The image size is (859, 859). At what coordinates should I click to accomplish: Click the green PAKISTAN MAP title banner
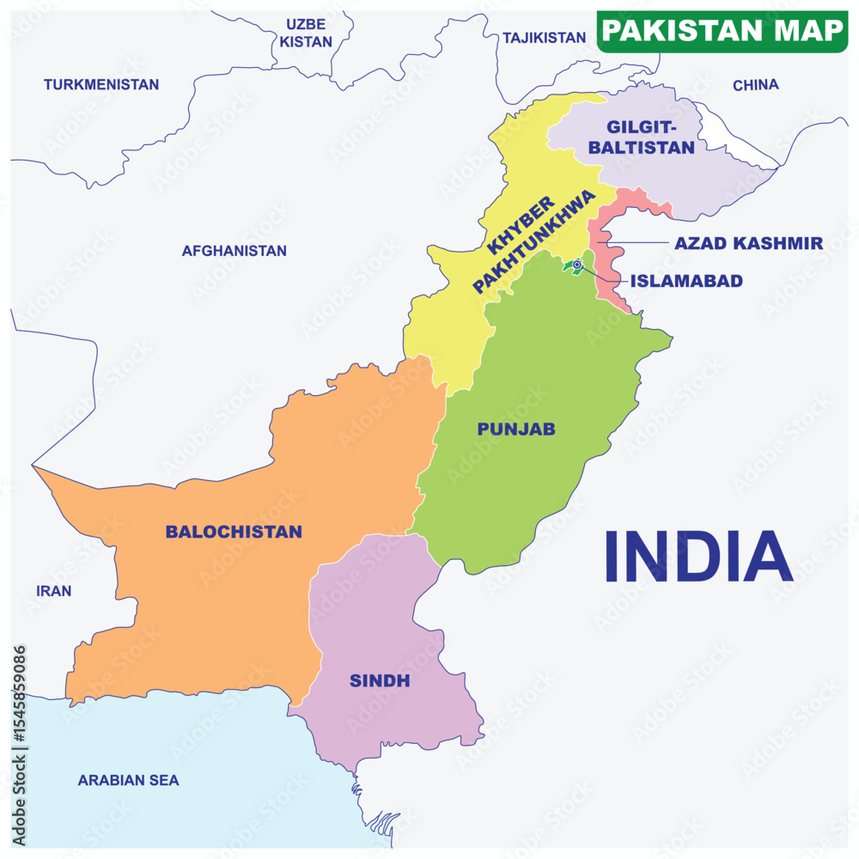(x=722, y=31)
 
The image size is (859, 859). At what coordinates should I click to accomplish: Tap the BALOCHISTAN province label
(x=234, y=532)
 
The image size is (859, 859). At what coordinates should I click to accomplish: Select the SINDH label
(x=380, y=681)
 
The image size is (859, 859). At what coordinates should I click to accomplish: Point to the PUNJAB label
(x=516, y=429)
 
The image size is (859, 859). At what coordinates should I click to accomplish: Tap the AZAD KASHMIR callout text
(x=748, y=243)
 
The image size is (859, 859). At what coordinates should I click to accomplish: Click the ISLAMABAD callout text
(x=686, y=281)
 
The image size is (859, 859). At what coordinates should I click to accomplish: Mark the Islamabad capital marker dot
(x=577, y=265)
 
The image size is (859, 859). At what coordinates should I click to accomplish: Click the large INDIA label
(x=698, y=557)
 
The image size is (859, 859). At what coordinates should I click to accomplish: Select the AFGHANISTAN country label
(x=234, y=251)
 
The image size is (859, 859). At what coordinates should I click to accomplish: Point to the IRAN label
(x=53, y=591)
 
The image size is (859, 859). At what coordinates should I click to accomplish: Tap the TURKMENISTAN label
(x=101, y=84)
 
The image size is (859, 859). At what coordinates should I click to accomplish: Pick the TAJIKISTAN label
(x=544, y=38)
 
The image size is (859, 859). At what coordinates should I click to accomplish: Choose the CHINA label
(x=755, y=84)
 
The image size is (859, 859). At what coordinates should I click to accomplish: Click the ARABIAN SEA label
(x=128, y=780)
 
